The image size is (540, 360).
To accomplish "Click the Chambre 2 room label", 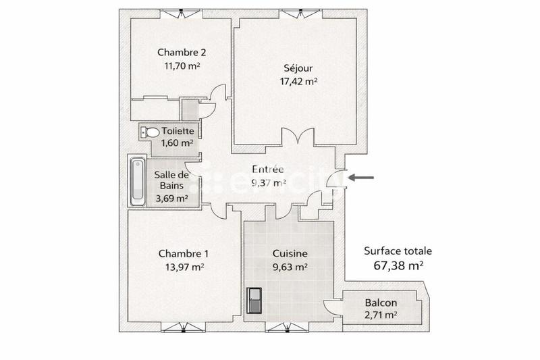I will pos(182,52).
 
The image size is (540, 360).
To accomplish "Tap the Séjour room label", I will pos(298,68).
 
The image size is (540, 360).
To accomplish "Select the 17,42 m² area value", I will pos(298,82).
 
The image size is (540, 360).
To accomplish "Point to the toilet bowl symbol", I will pos(151,132).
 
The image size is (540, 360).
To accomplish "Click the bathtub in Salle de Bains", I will pos(137,181).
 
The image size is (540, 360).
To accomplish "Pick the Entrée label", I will pos(268,170).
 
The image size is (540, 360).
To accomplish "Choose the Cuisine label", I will pos(290,254).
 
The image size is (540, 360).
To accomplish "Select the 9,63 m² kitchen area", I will pos(290,267).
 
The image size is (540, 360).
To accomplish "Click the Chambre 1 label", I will pos(184,254).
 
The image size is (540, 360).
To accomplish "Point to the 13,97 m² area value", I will pos(184,267).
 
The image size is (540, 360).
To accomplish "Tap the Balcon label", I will pos(381,303).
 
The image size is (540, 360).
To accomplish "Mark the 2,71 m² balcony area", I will pos(381,315).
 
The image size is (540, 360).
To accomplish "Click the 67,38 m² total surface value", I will pos(398,265).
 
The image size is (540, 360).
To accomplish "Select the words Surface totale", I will pos(398,251).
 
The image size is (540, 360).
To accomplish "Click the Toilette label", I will pos(178,131).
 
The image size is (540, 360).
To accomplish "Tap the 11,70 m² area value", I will pos(182,66).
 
